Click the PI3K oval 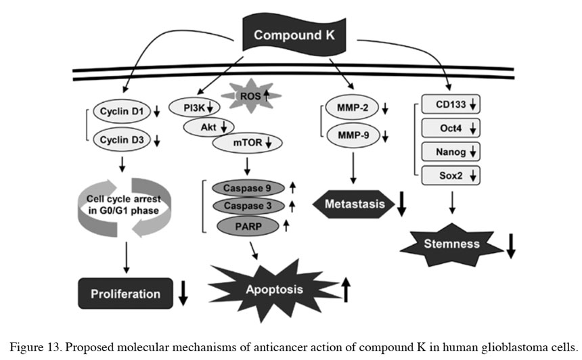point(190,107)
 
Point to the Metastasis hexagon point(355,204)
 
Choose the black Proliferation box point(127,294)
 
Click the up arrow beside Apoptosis point(346,289)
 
